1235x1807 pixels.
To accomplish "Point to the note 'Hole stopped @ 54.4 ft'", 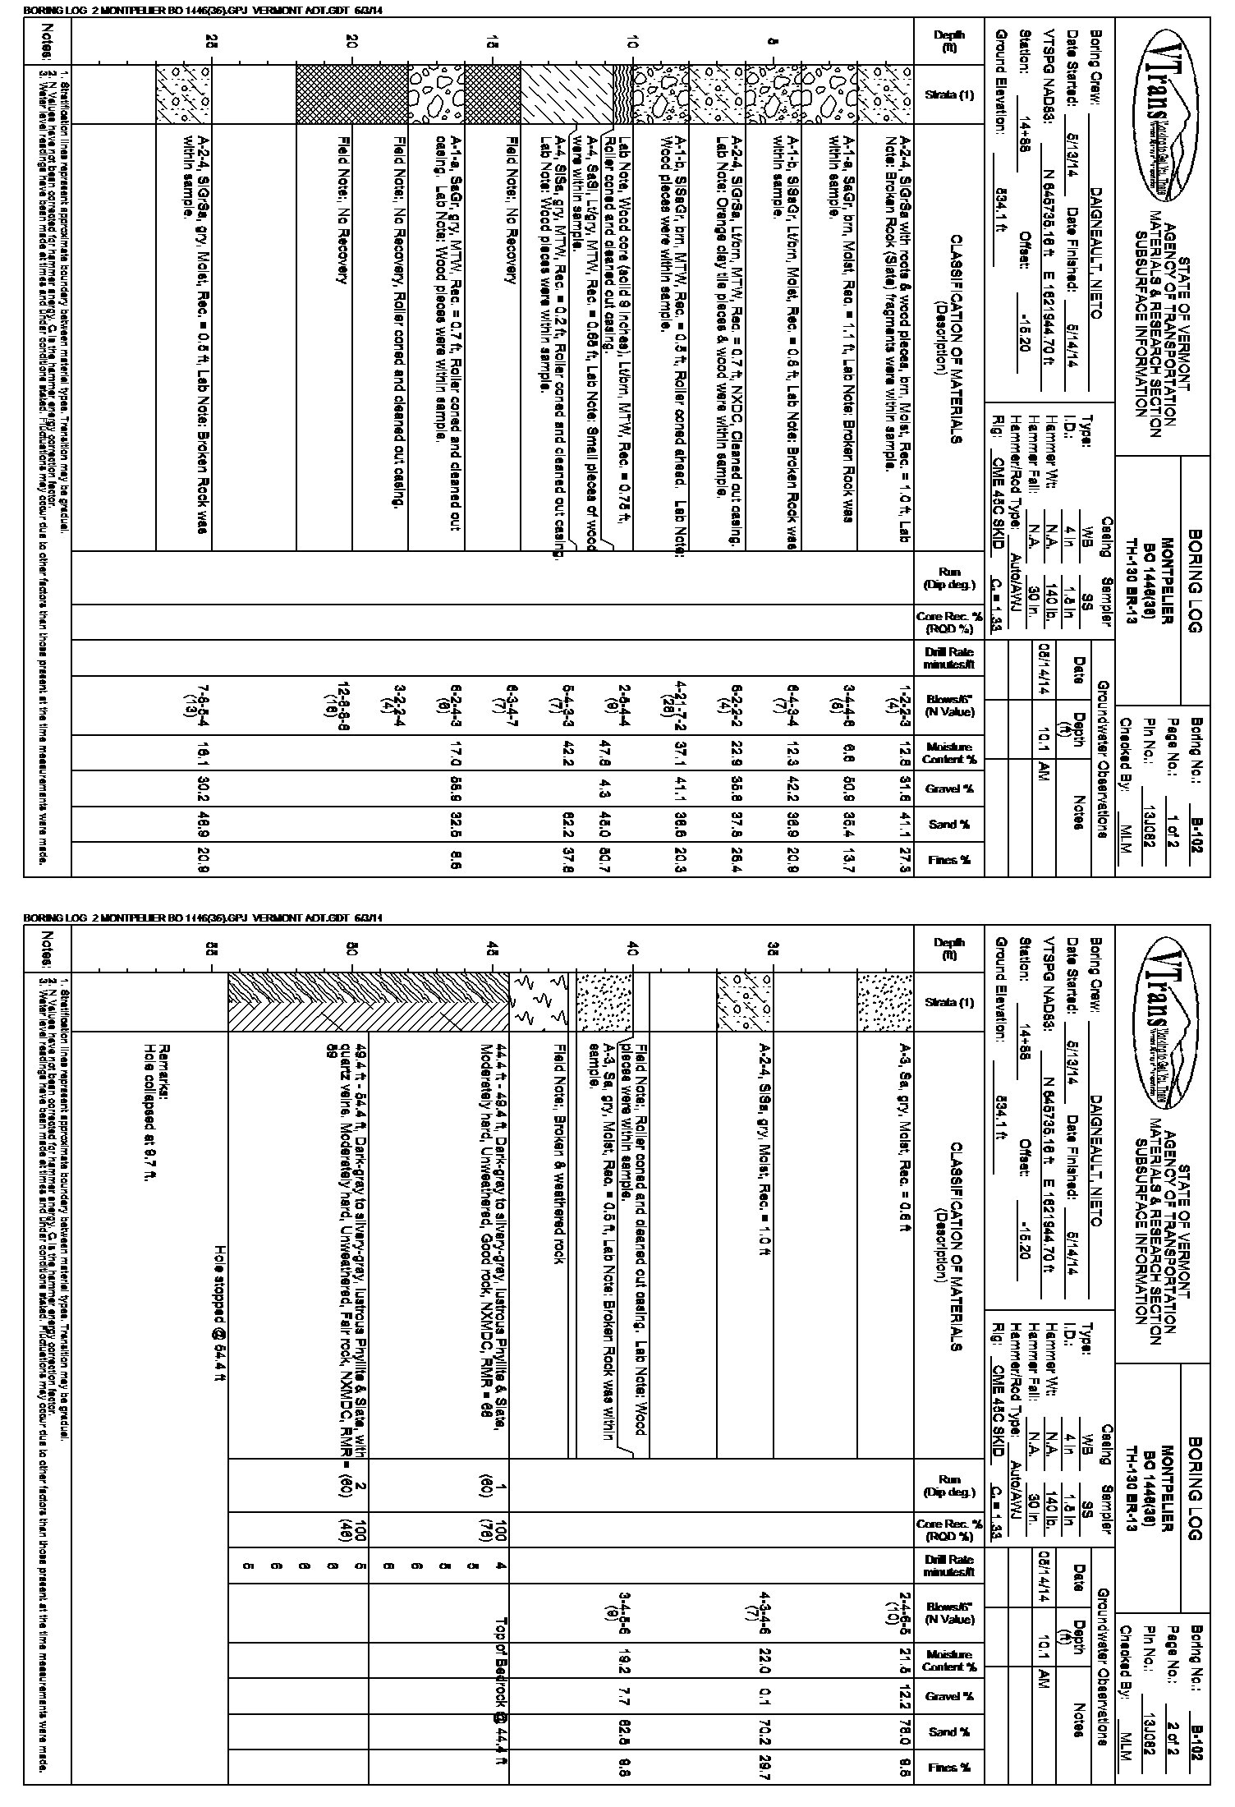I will point(218,1311).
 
